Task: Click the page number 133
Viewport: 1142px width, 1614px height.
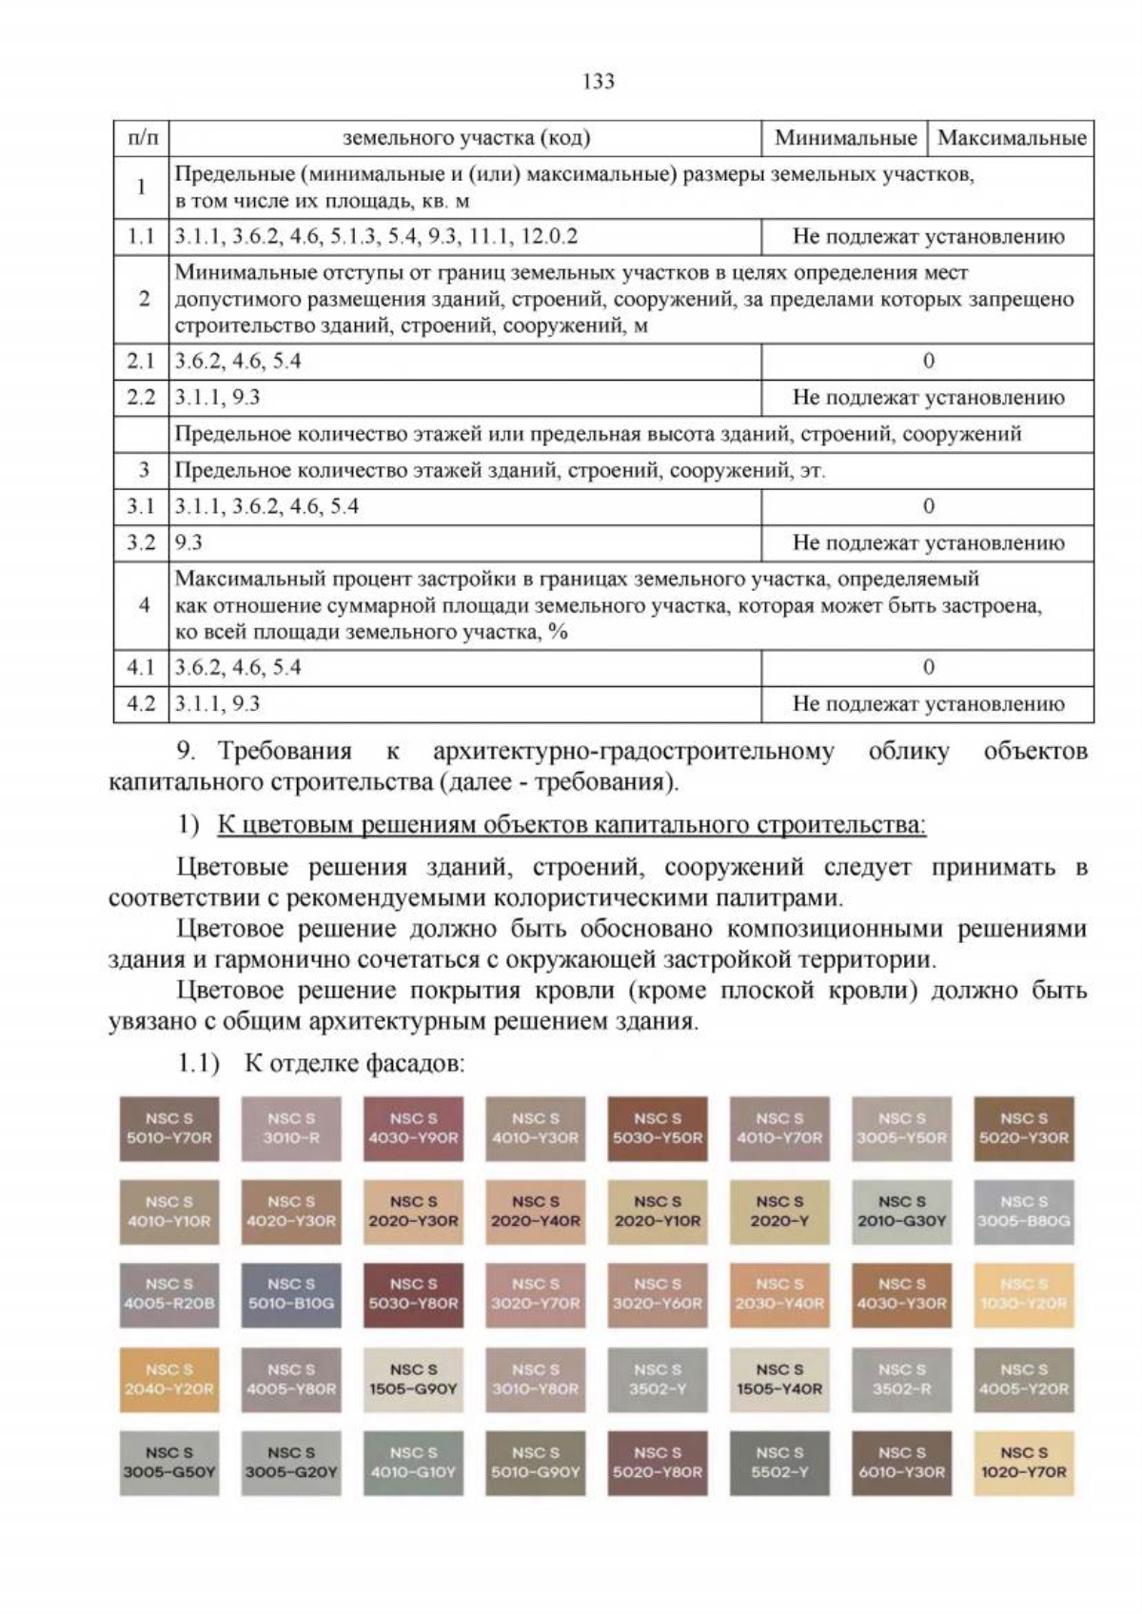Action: click(x=598, y=82)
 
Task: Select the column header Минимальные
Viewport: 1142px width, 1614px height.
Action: click(x=844, y=138)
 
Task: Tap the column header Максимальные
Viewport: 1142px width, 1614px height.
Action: click(x=1011, y=138)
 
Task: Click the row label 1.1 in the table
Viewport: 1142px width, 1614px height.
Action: click(x=141, y=237)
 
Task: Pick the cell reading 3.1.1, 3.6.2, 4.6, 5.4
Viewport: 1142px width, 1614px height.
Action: click(x=266, y=506)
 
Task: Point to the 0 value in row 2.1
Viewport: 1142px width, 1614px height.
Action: click(x=928, y=362)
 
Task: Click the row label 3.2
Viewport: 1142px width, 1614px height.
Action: click(x=141, y=543)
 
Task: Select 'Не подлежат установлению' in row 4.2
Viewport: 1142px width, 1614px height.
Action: click(x=928, y=704)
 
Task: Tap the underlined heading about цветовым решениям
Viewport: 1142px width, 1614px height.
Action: click(x=571, y=824)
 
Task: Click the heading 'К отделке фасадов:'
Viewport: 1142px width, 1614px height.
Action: click(x=354, y=1063)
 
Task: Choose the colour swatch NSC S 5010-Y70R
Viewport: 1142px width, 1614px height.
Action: click(x=169, y=1129)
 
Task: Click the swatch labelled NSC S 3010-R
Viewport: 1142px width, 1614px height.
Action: click(x=291, y=1129)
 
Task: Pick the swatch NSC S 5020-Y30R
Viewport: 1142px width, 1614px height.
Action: click(x=1024, y=1129)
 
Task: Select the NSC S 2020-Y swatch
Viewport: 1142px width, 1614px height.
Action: click(x=779, y=1211)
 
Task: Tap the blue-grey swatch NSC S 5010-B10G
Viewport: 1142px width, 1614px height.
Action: click(x=291, y=1294)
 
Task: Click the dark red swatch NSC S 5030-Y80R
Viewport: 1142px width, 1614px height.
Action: click(x=413, y=1294)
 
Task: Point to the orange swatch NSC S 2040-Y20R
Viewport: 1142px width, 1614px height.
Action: click(x=169, y=1379)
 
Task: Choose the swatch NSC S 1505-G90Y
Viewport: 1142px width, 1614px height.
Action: click(x=413, y=1379)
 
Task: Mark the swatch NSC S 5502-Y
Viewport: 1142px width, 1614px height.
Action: click(x=779, y=1463)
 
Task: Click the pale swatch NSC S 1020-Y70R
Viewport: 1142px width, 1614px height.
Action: click(x=1024, y=1463)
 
